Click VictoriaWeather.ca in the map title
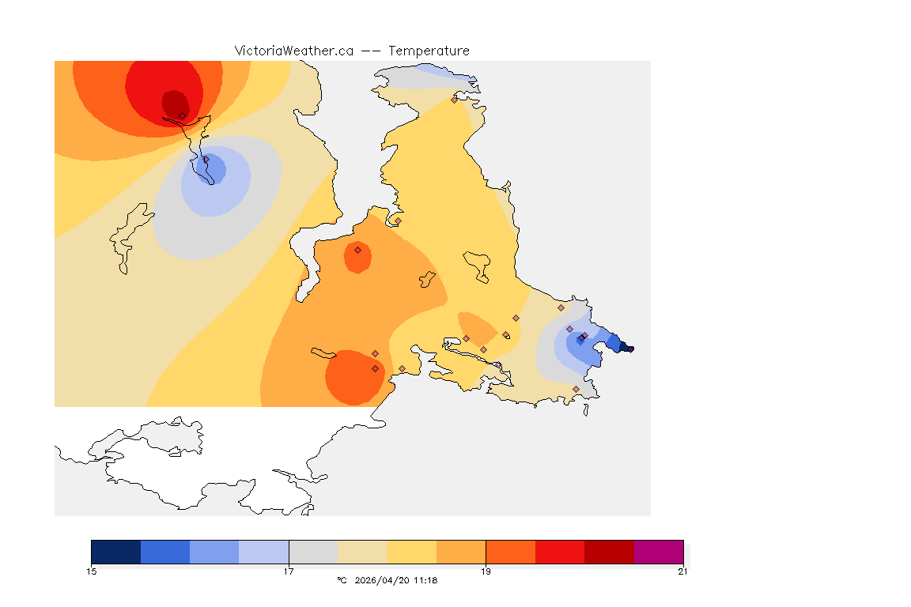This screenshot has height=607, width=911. [293, 51]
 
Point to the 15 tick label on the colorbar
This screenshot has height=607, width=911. [92, 571]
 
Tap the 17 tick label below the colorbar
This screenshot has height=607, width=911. [289, 571]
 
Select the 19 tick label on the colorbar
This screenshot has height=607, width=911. [486, 571]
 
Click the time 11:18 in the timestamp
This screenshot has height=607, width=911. [425, 580]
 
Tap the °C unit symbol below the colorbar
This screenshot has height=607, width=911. [342, 580]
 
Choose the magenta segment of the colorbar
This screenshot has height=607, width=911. [659, 552]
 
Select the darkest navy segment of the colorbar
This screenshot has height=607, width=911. [116, 552]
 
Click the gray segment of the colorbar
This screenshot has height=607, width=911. [313, 552]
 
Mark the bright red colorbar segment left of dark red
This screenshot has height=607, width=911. [560, 552]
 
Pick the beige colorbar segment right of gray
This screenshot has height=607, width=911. [363, 552]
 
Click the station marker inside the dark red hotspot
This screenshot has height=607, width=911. [182, 115]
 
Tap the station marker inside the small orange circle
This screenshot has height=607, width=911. [357, 250]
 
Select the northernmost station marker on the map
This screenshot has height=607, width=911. [454, 100]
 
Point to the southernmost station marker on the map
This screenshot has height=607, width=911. [576, 389]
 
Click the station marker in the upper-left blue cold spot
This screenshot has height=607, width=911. [206, 160]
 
